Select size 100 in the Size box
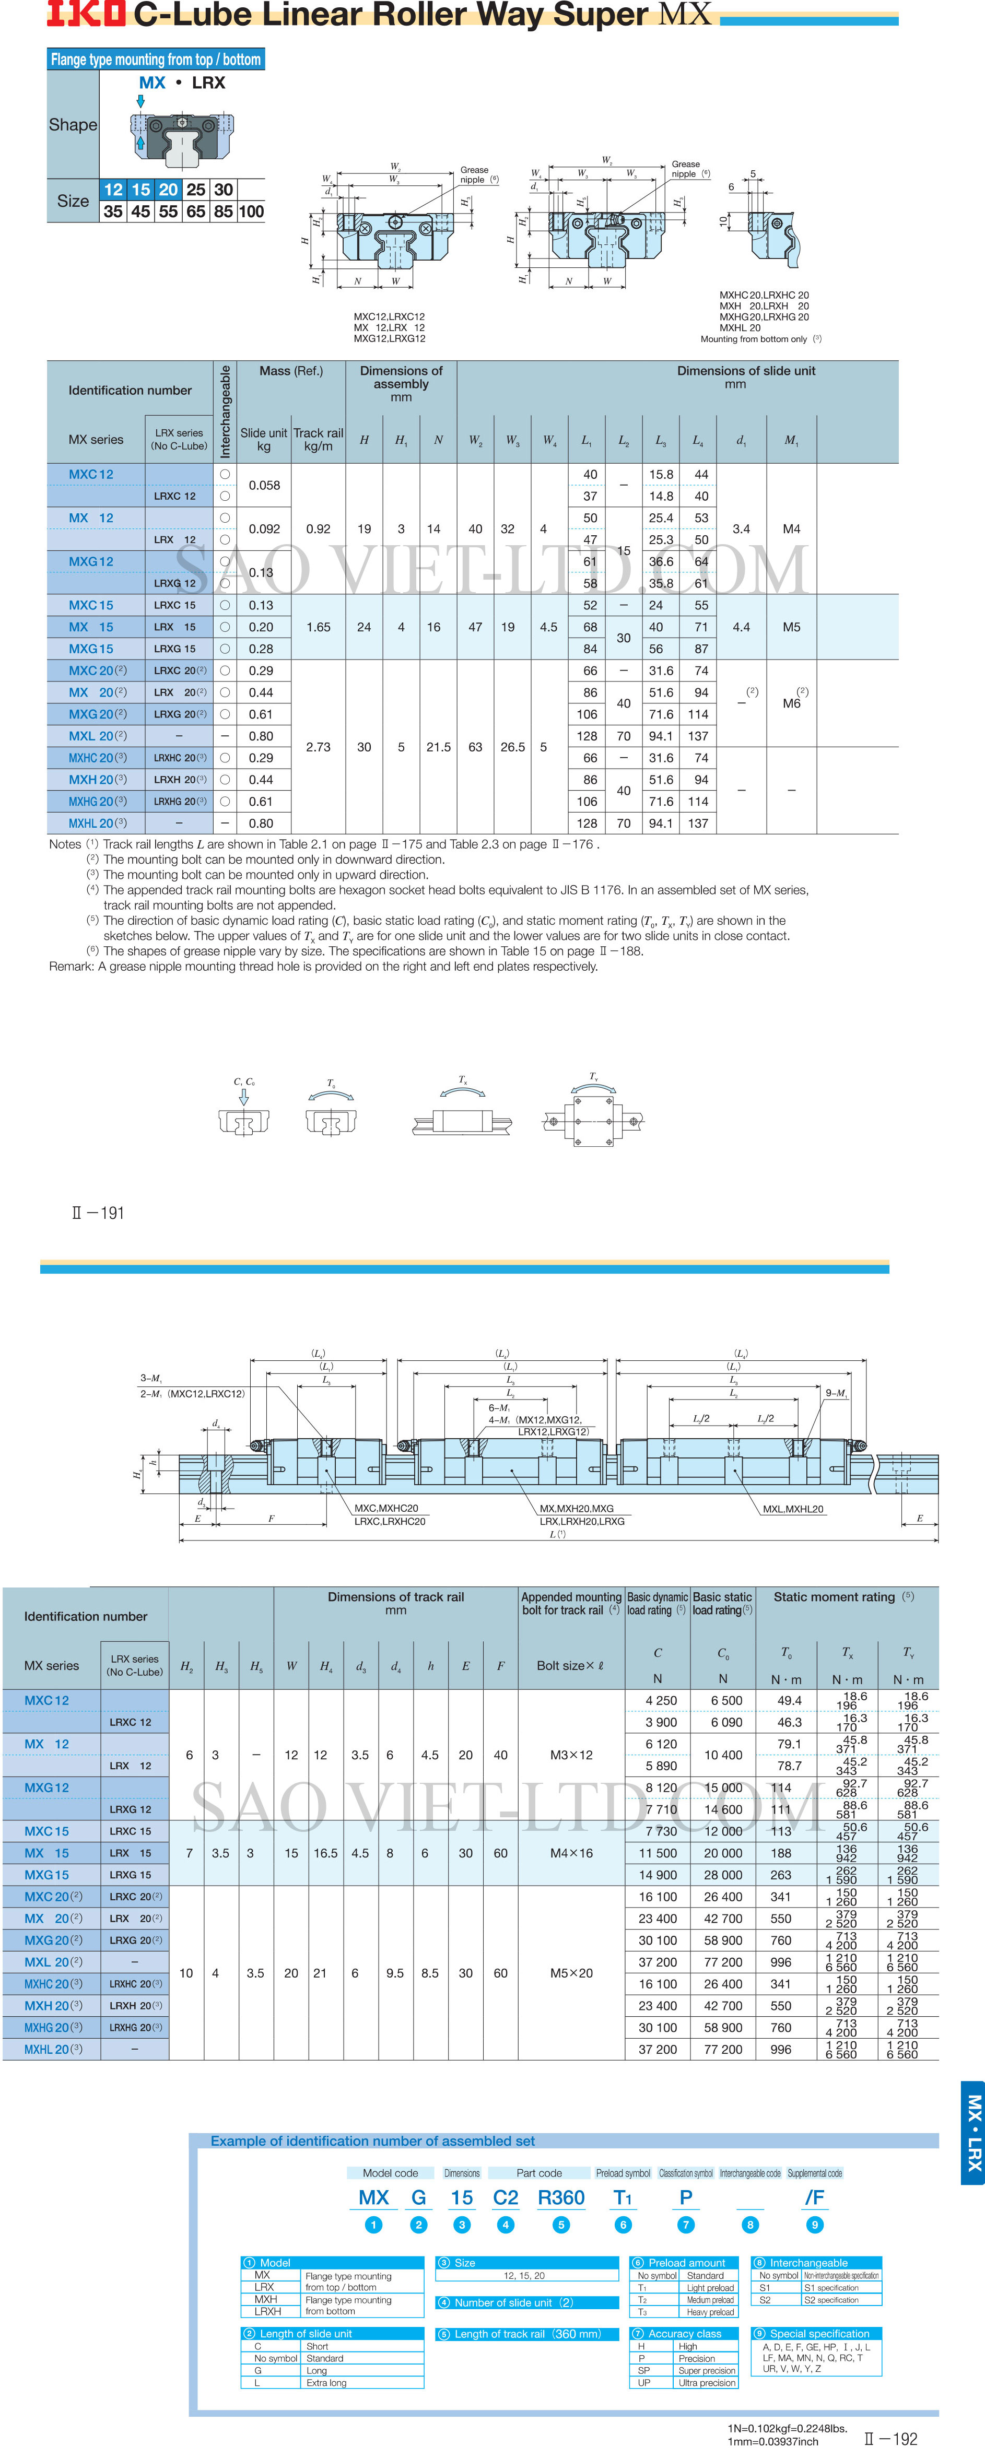pos(251,212)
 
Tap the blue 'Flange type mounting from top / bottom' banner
pos(156,59)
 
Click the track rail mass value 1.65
pos(318,627)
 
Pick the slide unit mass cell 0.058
pos(264,485)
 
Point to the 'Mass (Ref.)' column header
pos(291,371)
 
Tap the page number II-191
pos(98,1213)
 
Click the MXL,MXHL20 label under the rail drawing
pos(793,1509)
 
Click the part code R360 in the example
pos(561,2197)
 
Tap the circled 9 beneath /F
pos(814,2224)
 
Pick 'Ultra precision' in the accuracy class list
pos(706,2383)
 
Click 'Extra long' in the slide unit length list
pos(326,2383)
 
